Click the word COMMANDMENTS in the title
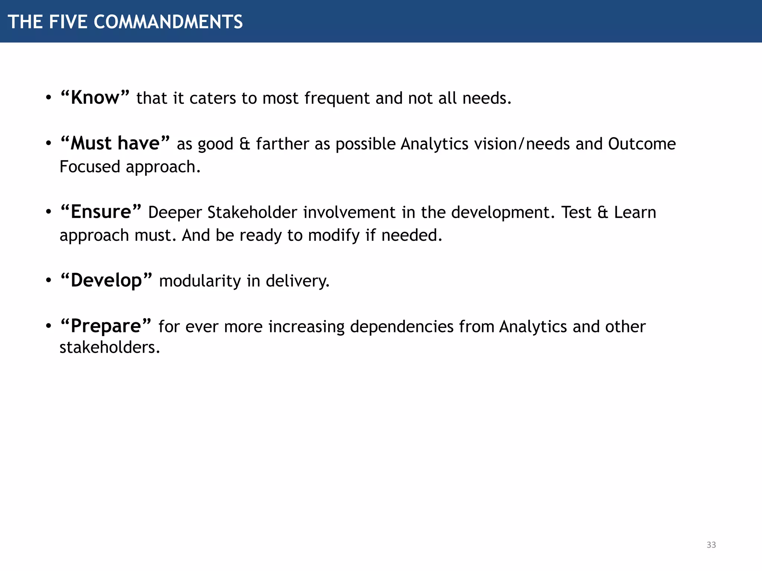coord(168,22)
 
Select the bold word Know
coord(95,98)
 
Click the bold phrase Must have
coord(115,143)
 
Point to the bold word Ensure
coord(101,212)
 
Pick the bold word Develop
coord(106,280)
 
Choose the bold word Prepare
coord(106,326)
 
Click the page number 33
coord(711,545)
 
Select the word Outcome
coord(642,144)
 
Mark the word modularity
coord(200,281)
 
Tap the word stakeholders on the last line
coord(109,348)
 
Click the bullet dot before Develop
coord(48,280)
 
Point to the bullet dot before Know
coord(48,98)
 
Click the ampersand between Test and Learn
coord(602,212)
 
